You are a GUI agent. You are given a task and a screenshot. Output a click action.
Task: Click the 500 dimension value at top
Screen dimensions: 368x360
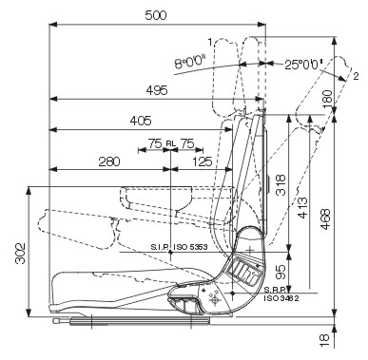pyautogui.click(x=156, y=15)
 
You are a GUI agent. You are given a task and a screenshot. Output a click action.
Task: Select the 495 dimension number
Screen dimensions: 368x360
pyautogui.click(x=157, y=91)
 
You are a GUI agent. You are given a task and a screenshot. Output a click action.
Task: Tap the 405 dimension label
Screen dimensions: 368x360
pyautogui.click(x=141, y=121)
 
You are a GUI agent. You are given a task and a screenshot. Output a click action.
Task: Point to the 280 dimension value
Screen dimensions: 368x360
pyautogui.click(x=109, y=161)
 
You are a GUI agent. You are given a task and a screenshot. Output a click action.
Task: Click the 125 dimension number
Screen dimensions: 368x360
pyautogui.click(x=203, y=161)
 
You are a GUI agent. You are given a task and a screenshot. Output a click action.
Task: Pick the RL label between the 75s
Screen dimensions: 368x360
pyautogui.click(x=170, y=143)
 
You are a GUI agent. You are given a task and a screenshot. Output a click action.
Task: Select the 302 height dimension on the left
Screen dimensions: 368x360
pyautogui.click(x=21, y=254)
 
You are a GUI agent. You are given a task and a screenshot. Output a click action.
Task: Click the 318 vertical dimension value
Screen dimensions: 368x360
pyautogui.click(x=281, y=185)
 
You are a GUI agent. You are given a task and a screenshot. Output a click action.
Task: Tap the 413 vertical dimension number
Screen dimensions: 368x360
pyautogui.click(x=303, y=208)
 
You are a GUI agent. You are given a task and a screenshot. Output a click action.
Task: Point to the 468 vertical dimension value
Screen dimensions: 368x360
pyautogui.click(x=325, y=219)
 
